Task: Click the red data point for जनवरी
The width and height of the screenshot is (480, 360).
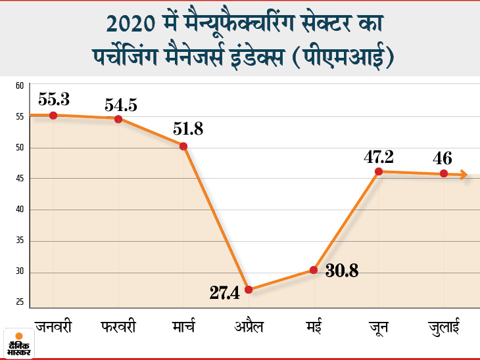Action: click(53, 115)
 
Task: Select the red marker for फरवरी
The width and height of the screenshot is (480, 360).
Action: click(118, 119)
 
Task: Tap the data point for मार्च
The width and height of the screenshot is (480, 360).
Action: click(183, 146)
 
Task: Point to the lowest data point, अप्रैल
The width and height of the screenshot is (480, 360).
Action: click(249, 290)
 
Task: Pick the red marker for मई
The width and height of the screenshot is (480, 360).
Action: click(314, 270)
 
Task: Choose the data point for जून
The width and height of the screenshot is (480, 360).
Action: click(379, 171)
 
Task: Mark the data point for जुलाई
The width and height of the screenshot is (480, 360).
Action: click(444, 173)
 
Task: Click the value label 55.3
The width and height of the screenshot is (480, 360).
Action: click(54, 99)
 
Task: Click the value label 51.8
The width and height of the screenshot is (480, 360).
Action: click(188, 129)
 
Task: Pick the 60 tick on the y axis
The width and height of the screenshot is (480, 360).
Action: click(20, 85)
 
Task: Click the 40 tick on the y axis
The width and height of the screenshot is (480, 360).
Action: click(20, 210)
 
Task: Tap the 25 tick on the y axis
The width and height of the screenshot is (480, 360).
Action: click(20, 302)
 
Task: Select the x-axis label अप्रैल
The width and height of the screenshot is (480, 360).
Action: click(249, 326)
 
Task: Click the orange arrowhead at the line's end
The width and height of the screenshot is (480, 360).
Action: click(464, 175)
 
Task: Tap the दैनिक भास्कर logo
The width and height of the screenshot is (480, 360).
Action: click(19, 342)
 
